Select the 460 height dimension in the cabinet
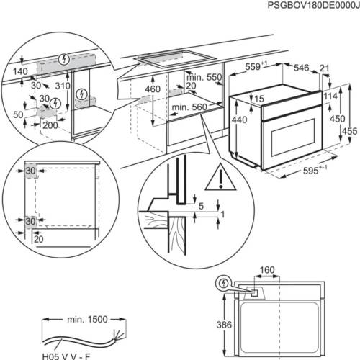(x=151, y=90)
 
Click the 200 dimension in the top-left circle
(x=49, y=125)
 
